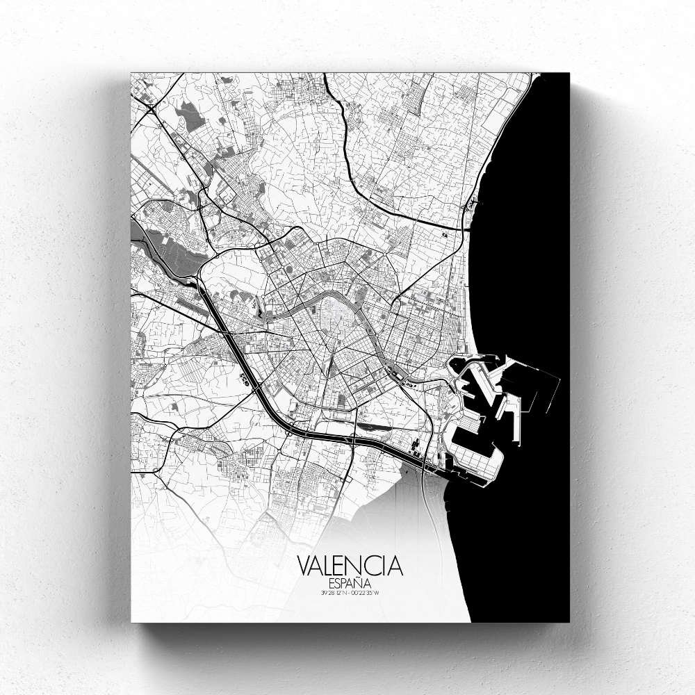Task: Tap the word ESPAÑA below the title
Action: [350, 582]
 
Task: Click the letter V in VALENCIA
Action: [305, 564]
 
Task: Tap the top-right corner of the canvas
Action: [569, 74]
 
